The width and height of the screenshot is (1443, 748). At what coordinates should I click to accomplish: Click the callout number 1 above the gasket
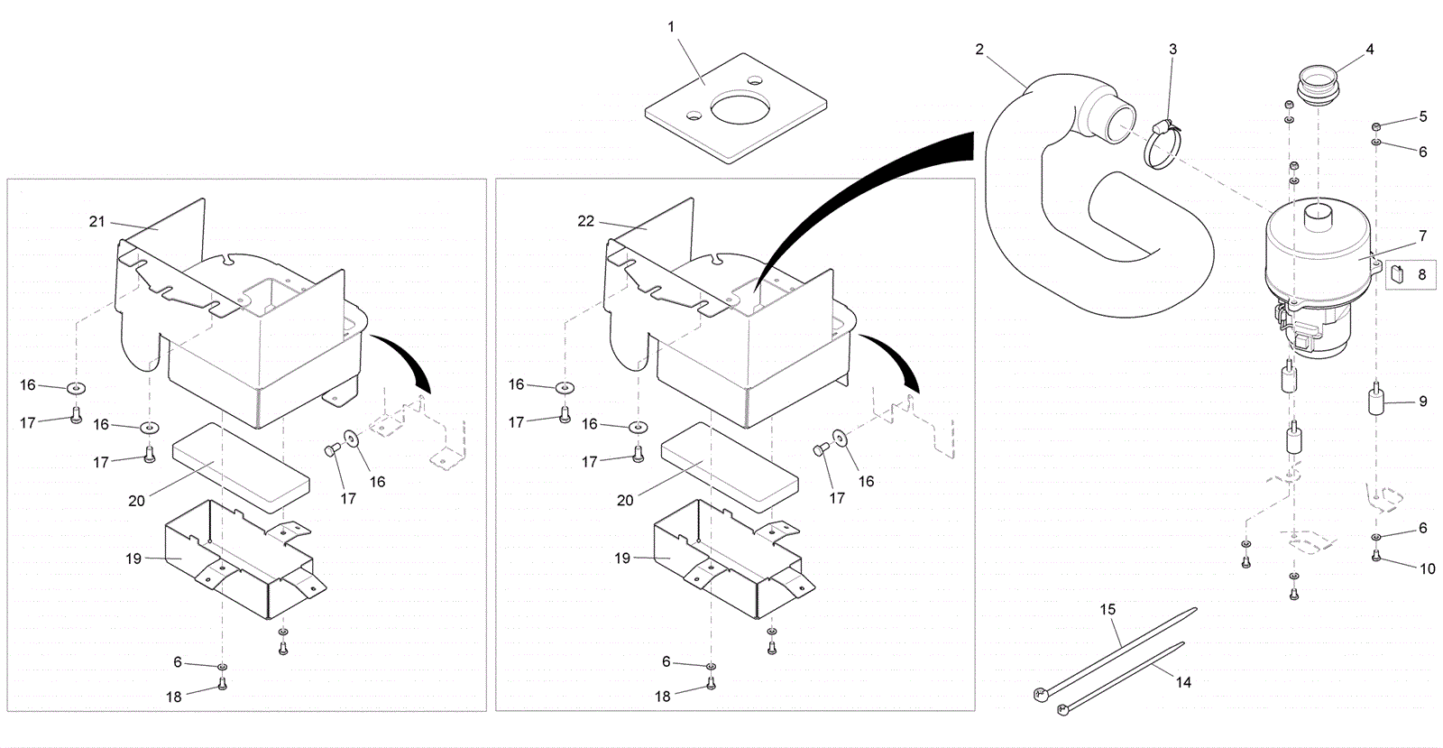(x=670, y=27)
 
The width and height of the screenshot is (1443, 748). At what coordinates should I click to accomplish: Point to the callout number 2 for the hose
(x=979, y=49)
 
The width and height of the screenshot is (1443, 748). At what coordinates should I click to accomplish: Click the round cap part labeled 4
(x=1318, y=86)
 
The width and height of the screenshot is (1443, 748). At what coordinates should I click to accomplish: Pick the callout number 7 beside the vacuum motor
(x=1422, y=236)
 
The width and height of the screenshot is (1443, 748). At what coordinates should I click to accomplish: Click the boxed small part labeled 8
(x=1397, y=274)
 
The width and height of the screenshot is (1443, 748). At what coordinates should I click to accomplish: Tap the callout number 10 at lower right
(x=1428, y=568)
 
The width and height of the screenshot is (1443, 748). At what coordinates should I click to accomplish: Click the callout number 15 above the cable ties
(x=1108, y=610)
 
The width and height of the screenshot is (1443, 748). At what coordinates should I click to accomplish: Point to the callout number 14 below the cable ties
(x=1183, y=683)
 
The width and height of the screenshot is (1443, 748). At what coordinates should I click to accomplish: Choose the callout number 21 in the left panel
(x=97, y=221)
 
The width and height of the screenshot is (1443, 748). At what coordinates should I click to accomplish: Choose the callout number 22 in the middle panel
(x=586, y=221)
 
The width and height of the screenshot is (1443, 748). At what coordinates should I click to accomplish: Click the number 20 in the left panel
(x=136, y=500)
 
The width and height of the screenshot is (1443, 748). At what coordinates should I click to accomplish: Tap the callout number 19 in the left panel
(x=133, y=559)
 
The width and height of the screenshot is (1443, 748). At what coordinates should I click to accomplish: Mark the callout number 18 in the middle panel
(x=663, y=697)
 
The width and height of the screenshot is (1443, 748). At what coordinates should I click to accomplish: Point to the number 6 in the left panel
(x=178, y=662)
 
